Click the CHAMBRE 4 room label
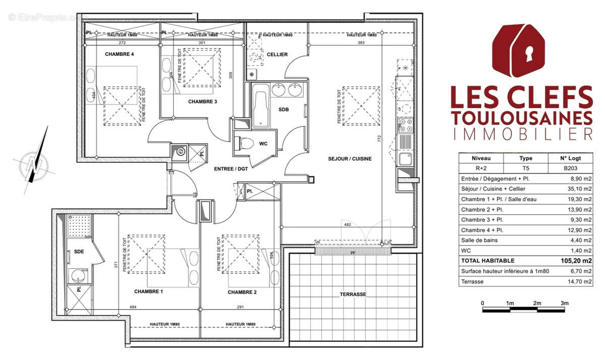(x=119, y=54)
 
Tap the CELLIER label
(x=277, y=54)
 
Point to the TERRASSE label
(x=352, y=294)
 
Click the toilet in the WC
(x=246, y=144)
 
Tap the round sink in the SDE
(x=77, y=276)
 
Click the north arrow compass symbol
(x=34, y=162)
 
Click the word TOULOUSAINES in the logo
(x=521, y=117)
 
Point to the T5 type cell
(x=525, y=168)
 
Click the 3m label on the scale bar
(x=564, y=303)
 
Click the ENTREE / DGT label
(x=231, y=169)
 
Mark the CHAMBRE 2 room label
(x=242, y=292)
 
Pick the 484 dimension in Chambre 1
(x=133, y=307)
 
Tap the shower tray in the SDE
(x=80, y=225)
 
